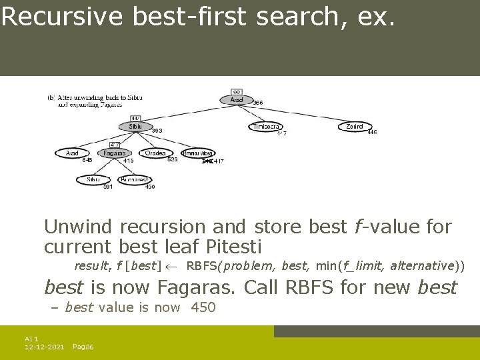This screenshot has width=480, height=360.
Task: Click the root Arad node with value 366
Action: (x=237, y=100)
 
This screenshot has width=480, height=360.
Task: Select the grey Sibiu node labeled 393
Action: (x=136, y=126)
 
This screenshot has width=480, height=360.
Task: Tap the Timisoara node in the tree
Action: (x=267, y=126)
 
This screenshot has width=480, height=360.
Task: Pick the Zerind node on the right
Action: (x=354, y=126)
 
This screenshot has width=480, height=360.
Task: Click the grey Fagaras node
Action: (x=115, y=153)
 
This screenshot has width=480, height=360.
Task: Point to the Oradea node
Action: (x=155, y=153)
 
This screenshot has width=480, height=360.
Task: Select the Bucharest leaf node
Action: (x=134, y=179)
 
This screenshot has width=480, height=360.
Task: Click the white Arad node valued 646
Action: (x=72, y=153)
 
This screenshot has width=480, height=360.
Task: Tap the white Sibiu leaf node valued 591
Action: (x=93, y=179)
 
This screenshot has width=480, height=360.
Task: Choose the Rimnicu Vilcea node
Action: (x=197, y=153)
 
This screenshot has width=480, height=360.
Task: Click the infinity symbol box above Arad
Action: (x=237, y=91)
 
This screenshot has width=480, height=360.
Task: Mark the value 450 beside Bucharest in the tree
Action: (x=150, y=187)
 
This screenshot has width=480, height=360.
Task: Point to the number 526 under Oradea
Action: (x=172, y=160)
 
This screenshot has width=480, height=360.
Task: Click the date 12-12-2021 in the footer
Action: (x=44, y=347)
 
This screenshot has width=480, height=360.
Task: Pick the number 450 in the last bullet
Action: (x=203, y=307)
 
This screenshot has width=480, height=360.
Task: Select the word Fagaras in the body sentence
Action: (x=195, y=287)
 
